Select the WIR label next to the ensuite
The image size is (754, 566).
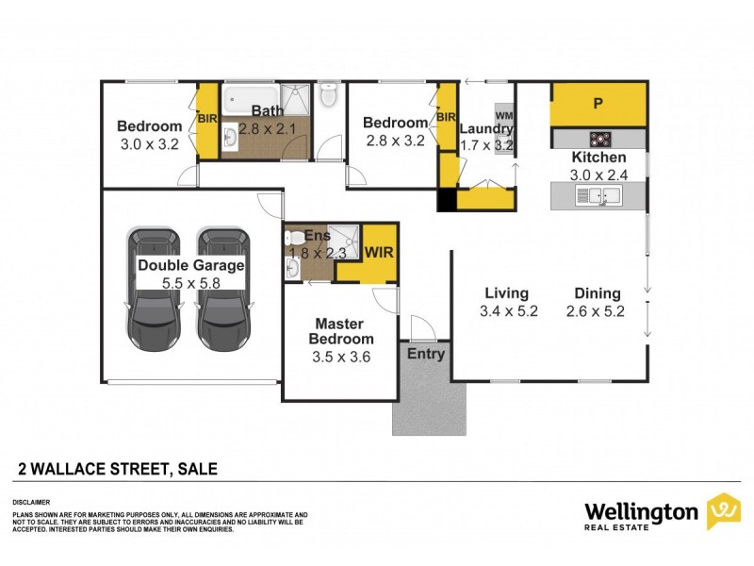380,252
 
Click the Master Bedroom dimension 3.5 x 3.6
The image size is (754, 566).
343,357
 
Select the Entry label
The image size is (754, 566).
425,354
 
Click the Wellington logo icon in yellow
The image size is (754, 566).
723,510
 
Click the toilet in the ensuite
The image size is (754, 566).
294,237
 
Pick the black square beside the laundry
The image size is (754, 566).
445,200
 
